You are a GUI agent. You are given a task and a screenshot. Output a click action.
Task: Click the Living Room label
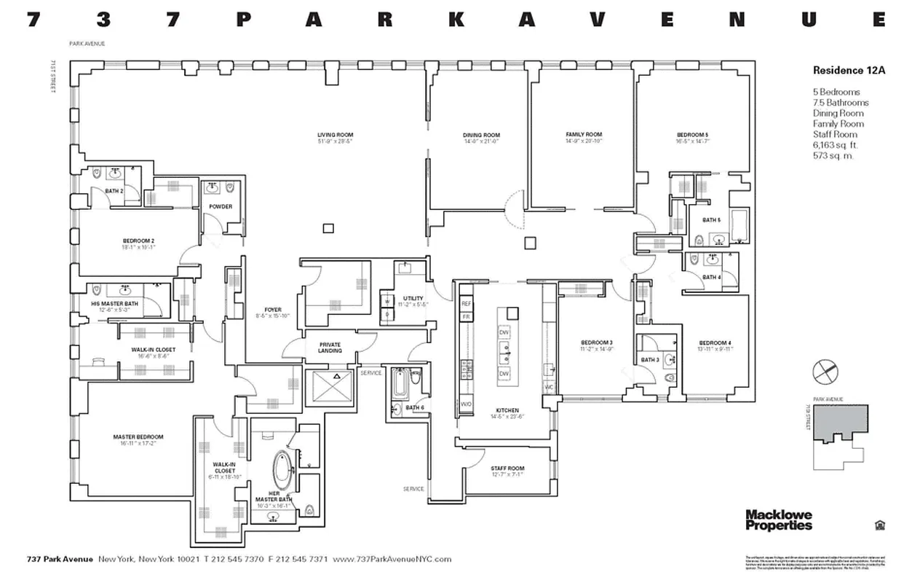pyautogui.click(x=335, y=135)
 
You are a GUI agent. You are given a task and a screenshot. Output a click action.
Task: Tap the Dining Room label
pyautogui.click(x=481, y=135)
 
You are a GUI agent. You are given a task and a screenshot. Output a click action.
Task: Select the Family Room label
pyautogui.click(x=584, y=135)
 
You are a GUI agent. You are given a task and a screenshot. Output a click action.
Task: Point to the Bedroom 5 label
pyautogui.click(x=691, y=135)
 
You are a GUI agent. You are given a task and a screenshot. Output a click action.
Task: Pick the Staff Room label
pyautogui.click(x=507, y=469)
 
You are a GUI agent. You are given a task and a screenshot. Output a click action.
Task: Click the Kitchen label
pyautogui.click(x=507, y=410)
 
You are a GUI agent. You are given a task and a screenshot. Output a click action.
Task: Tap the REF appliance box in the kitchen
pyautogui.click(x=466, y=303)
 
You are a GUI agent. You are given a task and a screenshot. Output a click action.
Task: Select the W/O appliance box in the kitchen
pyautogui.click(x=466, y=404)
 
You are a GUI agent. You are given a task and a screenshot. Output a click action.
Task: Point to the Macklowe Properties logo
pyautogui.click(x=778, y=520)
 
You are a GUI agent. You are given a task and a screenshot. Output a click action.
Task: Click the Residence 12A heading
pyautogui.click(x=842, y=71)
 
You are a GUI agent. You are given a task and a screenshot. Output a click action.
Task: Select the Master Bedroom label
pyautogui.click(x=138, y=437)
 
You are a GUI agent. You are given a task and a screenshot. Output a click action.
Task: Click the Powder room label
pyautogui.click(x=221, y=207)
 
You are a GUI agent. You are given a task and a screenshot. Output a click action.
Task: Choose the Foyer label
pyautogui.click(x=273, y=310)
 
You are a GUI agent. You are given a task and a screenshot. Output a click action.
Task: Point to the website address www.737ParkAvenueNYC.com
pyautogui.click(x=392, y=560)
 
